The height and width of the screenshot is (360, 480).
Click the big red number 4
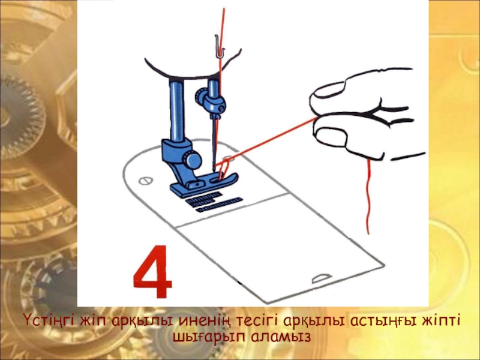pyautogui.click(x=152, y=272)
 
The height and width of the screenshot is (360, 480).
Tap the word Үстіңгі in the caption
pyautogui.click(x=49, y=321)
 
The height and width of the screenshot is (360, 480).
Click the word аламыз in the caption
pyautogui.click(x=281, y=337)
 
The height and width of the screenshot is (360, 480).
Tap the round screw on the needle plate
pyautogui.click(x=145, y=181)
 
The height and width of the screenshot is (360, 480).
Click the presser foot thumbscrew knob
pyautogui.click(x=191, y=159)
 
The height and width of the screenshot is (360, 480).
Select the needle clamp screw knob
pyautogui.click(x=200, y=96)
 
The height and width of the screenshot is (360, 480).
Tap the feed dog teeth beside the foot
pyautogui.click(x=214, y=202)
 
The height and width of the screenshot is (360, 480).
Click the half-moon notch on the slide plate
pyautogui.click(x=321, y=278)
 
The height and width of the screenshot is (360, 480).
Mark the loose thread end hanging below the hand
pyautogui.click(x=368, y=197)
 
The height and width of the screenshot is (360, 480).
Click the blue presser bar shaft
pyautogui.click(x=177, y=110)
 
